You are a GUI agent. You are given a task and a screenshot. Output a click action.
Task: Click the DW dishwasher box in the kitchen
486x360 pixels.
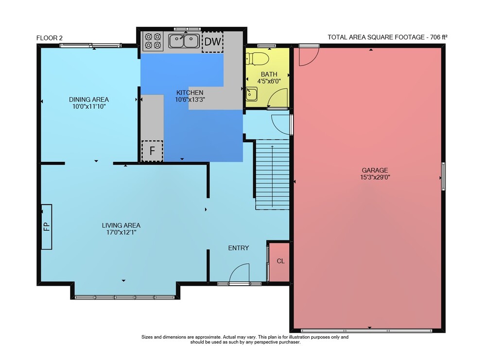(213, 41)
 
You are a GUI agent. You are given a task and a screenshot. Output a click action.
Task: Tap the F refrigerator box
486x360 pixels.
(152, 151)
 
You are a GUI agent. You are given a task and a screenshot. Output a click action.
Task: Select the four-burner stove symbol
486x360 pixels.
(153, 41)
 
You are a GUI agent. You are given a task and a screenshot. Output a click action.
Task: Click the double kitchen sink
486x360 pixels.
(184, 41)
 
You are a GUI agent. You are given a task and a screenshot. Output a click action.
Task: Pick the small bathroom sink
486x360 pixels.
(251, 94)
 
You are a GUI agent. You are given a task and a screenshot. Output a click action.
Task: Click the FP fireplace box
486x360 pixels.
(47, 226)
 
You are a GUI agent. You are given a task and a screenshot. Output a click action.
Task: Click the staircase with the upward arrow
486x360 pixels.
(272, 174)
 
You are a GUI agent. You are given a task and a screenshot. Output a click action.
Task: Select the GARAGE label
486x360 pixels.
(375, 170)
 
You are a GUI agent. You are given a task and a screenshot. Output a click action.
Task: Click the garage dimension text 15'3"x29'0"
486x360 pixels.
(375, 177)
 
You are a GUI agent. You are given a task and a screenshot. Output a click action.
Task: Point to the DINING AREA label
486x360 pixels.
(88, 100)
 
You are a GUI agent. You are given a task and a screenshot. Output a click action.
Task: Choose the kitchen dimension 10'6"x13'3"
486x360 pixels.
(190, 100)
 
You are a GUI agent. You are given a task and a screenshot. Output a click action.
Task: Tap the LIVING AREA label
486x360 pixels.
(121, 225)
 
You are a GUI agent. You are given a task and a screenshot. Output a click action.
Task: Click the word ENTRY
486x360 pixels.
(238, 248)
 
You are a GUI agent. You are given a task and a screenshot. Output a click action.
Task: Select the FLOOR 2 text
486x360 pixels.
(49, 38)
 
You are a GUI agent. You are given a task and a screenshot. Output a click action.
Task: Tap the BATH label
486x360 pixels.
(269, 74)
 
